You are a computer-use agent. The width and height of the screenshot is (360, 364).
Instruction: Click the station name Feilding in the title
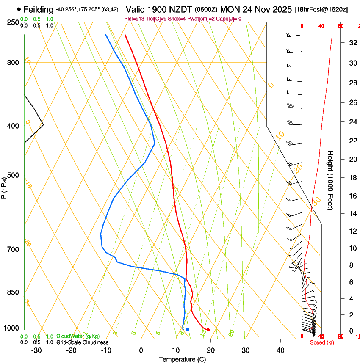coord(39,9)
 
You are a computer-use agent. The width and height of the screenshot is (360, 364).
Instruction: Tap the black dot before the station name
coord(19,9)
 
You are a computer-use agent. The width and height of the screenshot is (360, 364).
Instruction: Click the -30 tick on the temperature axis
coord(37,350)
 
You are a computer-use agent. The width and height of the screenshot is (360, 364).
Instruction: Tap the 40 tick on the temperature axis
coord(280,350)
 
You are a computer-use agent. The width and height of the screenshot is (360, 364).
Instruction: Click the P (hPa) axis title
coord(4,187)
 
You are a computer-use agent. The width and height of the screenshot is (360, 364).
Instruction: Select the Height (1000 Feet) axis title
coord(331,180)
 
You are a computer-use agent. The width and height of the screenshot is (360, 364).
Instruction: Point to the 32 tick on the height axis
coord(352,43)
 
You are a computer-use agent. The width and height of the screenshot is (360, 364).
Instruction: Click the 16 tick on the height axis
coord(352,196)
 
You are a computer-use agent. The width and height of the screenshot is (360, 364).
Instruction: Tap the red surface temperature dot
coord(208,330)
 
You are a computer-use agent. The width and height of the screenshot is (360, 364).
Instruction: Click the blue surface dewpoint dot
coord(187,329)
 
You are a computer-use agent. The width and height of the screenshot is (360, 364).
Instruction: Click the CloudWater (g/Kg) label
coord(78,336)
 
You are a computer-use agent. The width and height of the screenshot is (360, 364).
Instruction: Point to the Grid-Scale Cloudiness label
coord(82,342)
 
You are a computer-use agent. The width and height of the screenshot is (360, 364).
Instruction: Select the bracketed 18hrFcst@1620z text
coord(321,9)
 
